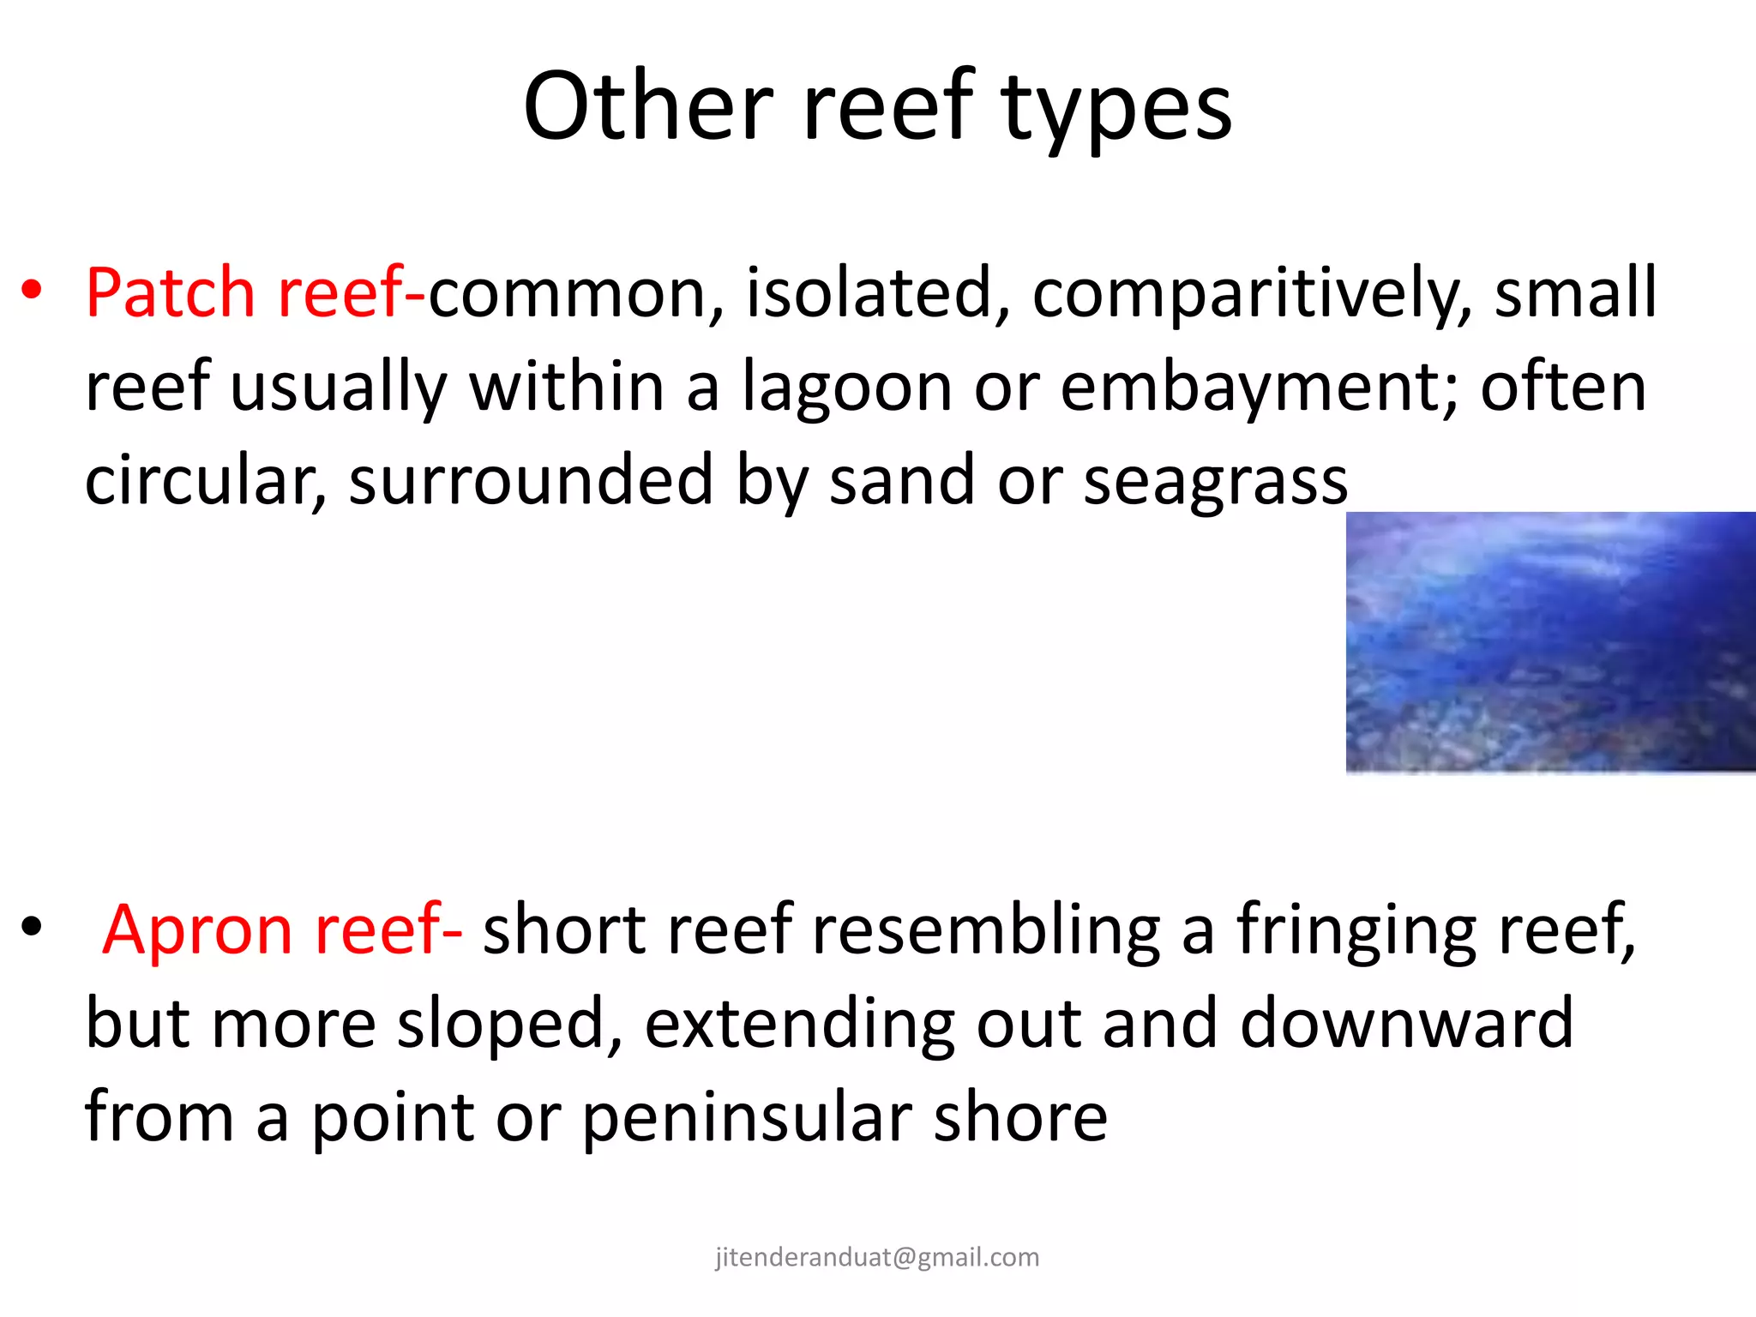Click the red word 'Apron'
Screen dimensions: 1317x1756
tap(199, 930)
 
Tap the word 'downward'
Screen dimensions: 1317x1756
tap(1406, 1024)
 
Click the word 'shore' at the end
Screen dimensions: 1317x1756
tap(1020, 1118)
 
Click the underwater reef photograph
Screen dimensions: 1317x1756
tap(1550, 643)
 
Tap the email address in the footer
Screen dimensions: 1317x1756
tap(877, 1257)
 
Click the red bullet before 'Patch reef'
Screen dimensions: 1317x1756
tap(32, 292)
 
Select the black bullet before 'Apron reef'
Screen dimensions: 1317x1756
tap(32, 928)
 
